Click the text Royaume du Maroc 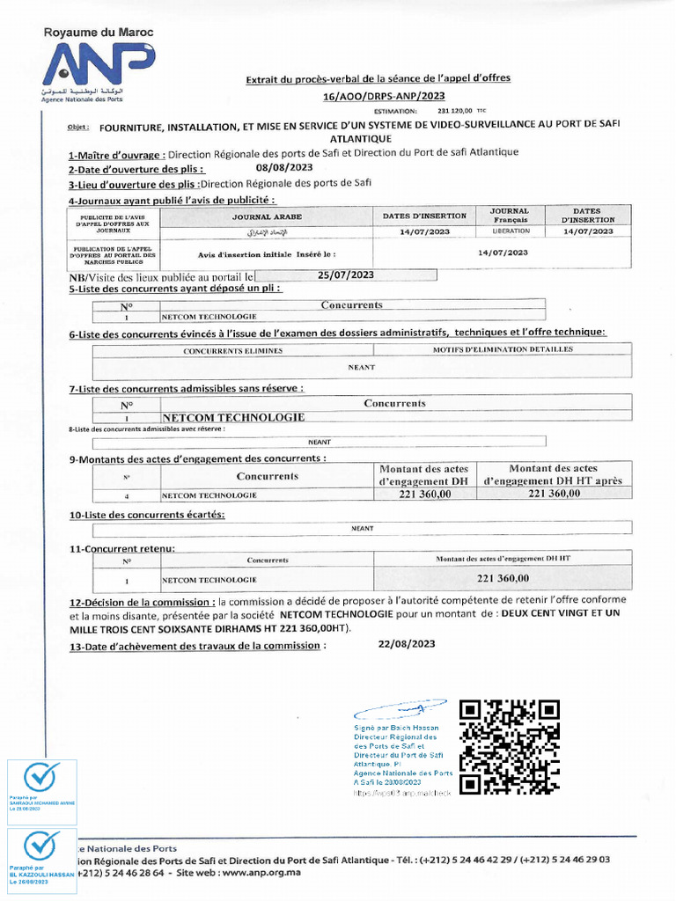pos(99,33)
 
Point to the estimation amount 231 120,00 pos(455,112)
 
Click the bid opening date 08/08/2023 pos(284,167)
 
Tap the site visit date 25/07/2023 pos(346,275)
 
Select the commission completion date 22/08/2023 pos(407,644)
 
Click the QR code pos(511,748)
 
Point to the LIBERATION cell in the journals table pos(511,231)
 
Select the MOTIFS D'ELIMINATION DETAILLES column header pos(503,349)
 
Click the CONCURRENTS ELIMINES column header pos(233,350)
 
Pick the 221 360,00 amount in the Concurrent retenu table pos(503,578)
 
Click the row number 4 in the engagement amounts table pos(127,495)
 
